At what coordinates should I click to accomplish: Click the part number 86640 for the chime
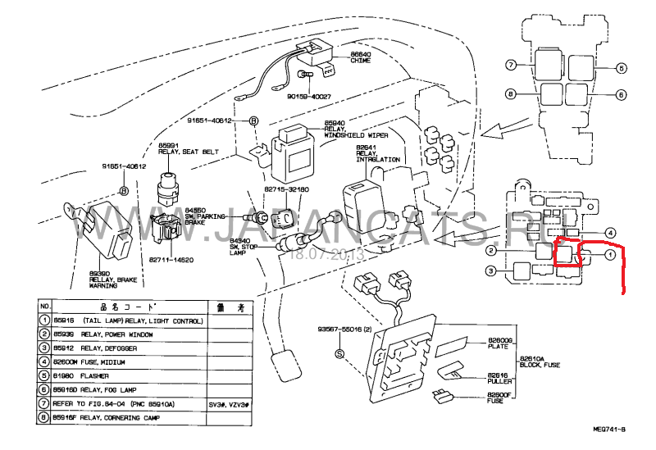[x=361, y=55]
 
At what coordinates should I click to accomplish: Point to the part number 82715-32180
[x=286, y=189]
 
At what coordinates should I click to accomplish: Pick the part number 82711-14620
[x=171, y=260]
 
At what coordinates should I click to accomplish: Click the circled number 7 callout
[x=510, y=64]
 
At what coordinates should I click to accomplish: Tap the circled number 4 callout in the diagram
[x=609, y=233]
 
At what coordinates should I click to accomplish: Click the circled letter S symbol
[x=339, y=353]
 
